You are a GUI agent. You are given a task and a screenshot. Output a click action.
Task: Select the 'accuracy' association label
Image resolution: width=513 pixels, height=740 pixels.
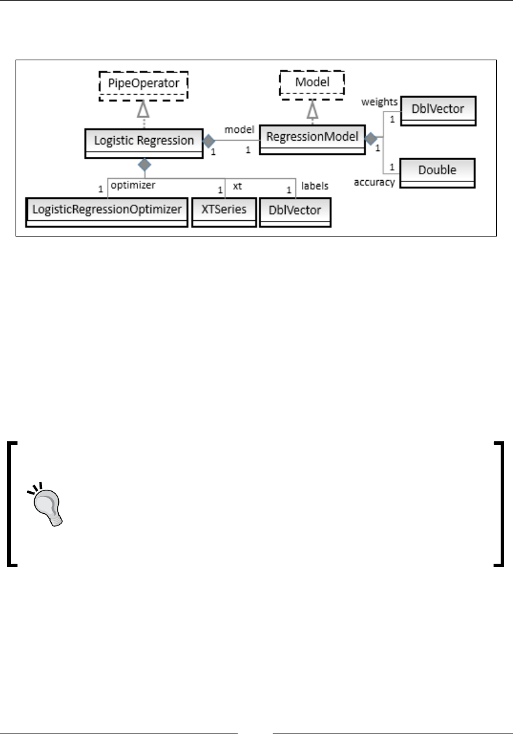point(374,183)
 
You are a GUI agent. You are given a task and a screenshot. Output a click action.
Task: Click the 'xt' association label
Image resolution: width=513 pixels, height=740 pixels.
point(237,185)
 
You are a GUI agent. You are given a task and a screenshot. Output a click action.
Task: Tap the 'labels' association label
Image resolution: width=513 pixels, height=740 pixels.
point(315,185)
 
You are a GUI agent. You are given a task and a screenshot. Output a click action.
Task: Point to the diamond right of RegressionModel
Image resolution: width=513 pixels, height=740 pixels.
point(370,138)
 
